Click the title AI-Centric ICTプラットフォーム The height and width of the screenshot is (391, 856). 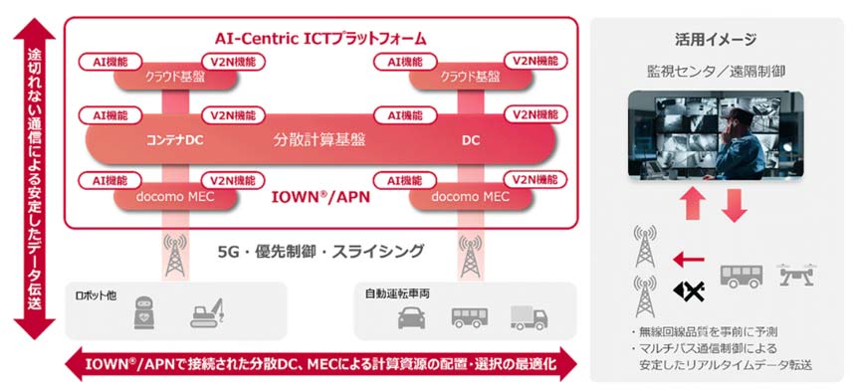(x=321, y=39)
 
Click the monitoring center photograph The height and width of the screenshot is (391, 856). (x=715, y=135)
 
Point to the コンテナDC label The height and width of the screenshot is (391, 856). (x=174, y=140)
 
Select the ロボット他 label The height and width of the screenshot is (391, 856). (x=101, y=295)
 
